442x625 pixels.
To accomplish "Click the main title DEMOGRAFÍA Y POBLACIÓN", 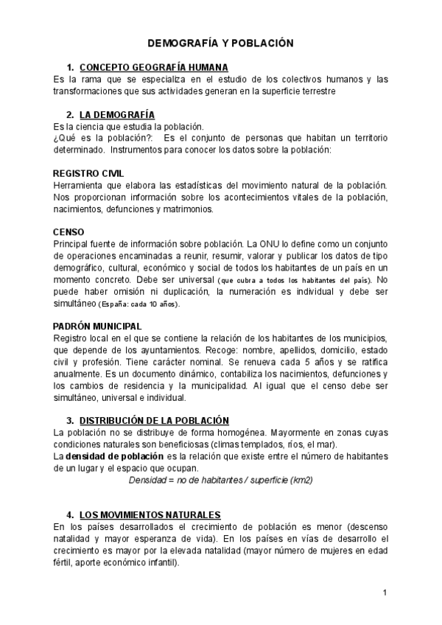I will (221, 43).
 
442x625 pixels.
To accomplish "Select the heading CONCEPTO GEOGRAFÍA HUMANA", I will (154, 68).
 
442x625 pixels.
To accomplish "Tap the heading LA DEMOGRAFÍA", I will (117, 114).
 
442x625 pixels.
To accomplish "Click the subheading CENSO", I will (69, 231).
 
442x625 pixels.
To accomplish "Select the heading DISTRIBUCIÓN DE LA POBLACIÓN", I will (154, 420).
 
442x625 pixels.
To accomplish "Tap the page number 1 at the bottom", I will (385, 593).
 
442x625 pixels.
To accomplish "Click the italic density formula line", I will (221, 480).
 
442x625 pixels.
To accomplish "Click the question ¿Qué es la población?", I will (103, 139).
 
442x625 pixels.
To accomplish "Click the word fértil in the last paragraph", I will (66, 562).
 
